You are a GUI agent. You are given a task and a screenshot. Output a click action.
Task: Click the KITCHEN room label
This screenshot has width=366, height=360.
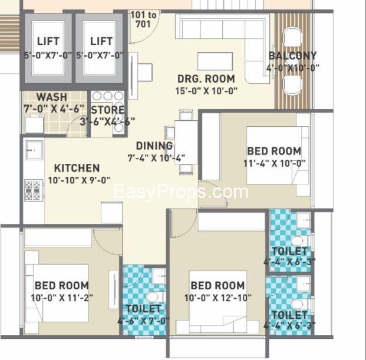pos(77,168)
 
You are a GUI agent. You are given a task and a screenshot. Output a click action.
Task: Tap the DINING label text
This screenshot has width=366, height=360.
pos(154,146)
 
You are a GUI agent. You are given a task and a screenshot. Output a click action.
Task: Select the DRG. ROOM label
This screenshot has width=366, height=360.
pos(206,79)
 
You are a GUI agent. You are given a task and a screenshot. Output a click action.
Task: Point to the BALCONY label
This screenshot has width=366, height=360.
pos(293,56)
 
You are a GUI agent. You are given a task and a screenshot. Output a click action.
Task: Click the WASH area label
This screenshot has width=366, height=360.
pos(52,97)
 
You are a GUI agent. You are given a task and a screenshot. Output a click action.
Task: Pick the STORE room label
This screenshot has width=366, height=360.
pos(108,110)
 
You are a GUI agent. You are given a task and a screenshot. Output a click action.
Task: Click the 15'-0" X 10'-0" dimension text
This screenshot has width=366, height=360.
pos(206,91)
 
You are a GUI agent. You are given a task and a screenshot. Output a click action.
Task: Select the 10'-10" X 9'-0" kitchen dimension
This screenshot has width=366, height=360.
pos(79,180)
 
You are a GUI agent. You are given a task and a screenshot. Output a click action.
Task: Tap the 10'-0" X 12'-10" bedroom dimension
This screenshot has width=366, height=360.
pos(218,298)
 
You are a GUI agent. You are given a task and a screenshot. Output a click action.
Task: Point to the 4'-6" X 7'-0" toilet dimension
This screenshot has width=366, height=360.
pos(144,321)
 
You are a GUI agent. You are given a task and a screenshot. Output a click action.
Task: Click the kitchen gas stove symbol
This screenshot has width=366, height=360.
pos(34,190)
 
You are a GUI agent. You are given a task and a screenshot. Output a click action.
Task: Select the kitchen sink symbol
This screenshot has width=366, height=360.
pos(34,150)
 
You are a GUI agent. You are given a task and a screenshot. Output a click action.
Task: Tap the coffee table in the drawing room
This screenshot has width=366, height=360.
pos(215,61)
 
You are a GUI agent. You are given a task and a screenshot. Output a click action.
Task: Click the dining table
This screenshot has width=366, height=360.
pos(186,142)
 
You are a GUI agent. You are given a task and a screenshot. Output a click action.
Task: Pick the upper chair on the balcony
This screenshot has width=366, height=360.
pos(292,37)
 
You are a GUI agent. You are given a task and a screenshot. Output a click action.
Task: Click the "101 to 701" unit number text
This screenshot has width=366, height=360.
pos(143,19)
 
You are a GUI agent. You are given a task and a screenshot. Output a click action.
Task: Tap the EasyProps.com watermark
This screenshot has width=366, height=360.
pos(180,192)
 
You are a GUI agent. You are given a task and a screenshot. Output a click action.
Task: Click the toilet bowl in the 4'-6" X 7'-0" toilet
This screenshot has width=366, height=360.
pos(152,297)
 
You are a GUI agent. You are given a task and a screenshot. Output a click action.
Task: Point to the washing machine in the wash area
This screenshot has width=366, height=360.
pos(34,124)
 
